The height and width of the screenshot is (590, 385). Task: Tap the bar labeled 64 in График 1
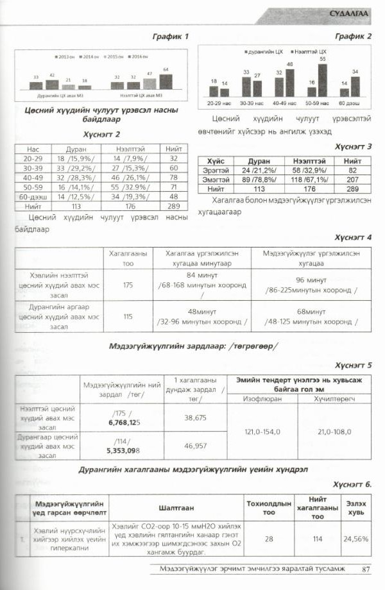coord(166,81)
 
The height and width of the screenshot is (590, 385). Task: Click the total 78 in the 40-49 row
coord(173,179)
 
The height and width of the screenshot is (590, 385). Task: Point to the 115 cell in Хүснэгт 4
coord(128,316)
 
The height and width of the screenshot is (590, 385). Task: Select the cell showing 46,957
coord(195,445)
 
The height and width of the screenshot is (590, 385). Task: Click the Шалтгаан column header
coord(176,507)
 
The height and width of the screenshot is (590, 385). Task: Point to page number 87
coord(366,568)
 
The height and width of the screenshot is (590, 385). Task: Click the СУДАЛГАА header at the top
coord(349,13)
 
